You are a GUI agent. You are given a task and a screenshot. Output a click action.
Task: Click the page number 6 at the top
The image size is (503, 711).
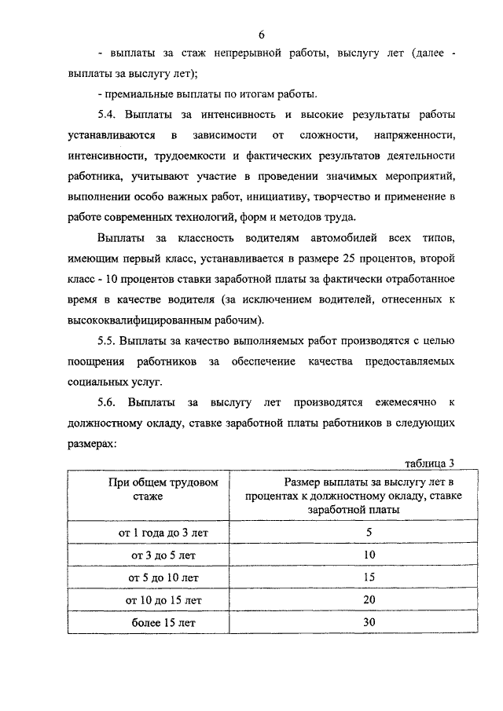click(260, 34)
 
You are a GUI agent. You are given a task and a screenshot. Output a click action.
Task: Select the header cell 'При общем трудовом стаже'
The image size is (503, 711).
click(163, 489)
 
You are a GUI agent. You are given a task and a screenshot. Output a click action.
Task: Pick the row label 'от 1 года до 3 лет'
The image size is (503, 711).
click(154, 532)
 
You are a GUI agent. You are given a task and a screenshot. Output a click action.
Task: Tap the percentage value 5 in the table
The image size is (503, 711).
click(369, 532)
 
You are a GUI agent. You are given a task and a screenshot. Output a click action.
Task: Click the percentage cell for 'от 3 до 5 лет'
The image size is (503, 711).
click(369, 555)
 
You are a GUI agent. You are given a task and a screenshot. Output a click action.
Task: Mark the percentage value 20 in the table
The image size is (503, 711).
click(369, 600)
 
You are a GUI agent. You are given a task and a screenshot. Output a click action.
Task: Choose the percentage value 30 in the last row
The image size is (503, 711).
click(369, 622)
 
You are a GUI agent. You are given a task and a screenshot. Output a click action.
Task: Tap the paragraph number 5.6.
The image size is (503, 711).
click(108, 402)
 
